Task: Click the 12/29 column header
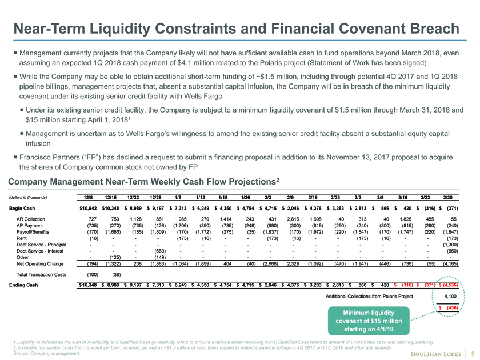tap(155, 198)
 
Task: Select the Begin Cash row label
tap(22, 209)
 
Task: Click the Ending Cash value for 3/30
tap(449, 285)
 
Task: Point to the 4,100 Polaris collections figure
tap(450, 297)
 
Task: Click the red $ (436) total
tap(449, 307)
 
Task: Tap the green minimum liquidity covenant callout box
tap(369, 321)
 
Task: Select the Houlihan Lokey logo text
tap(436, 354)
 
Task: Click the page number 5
tap(473, 354)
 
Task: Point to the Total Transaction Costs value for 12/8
tap(93, 275)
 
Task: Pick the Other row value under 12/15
tap(115, 258)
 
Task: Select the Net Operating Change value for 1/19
tap(227, 263)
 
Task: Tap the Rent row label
tap(22, 238)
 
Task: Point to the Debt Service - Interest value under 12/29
tap(160, 251)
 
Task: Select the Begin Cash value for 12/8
tap(88, 209)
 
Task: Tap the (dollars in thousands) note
tap(28, 198)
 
